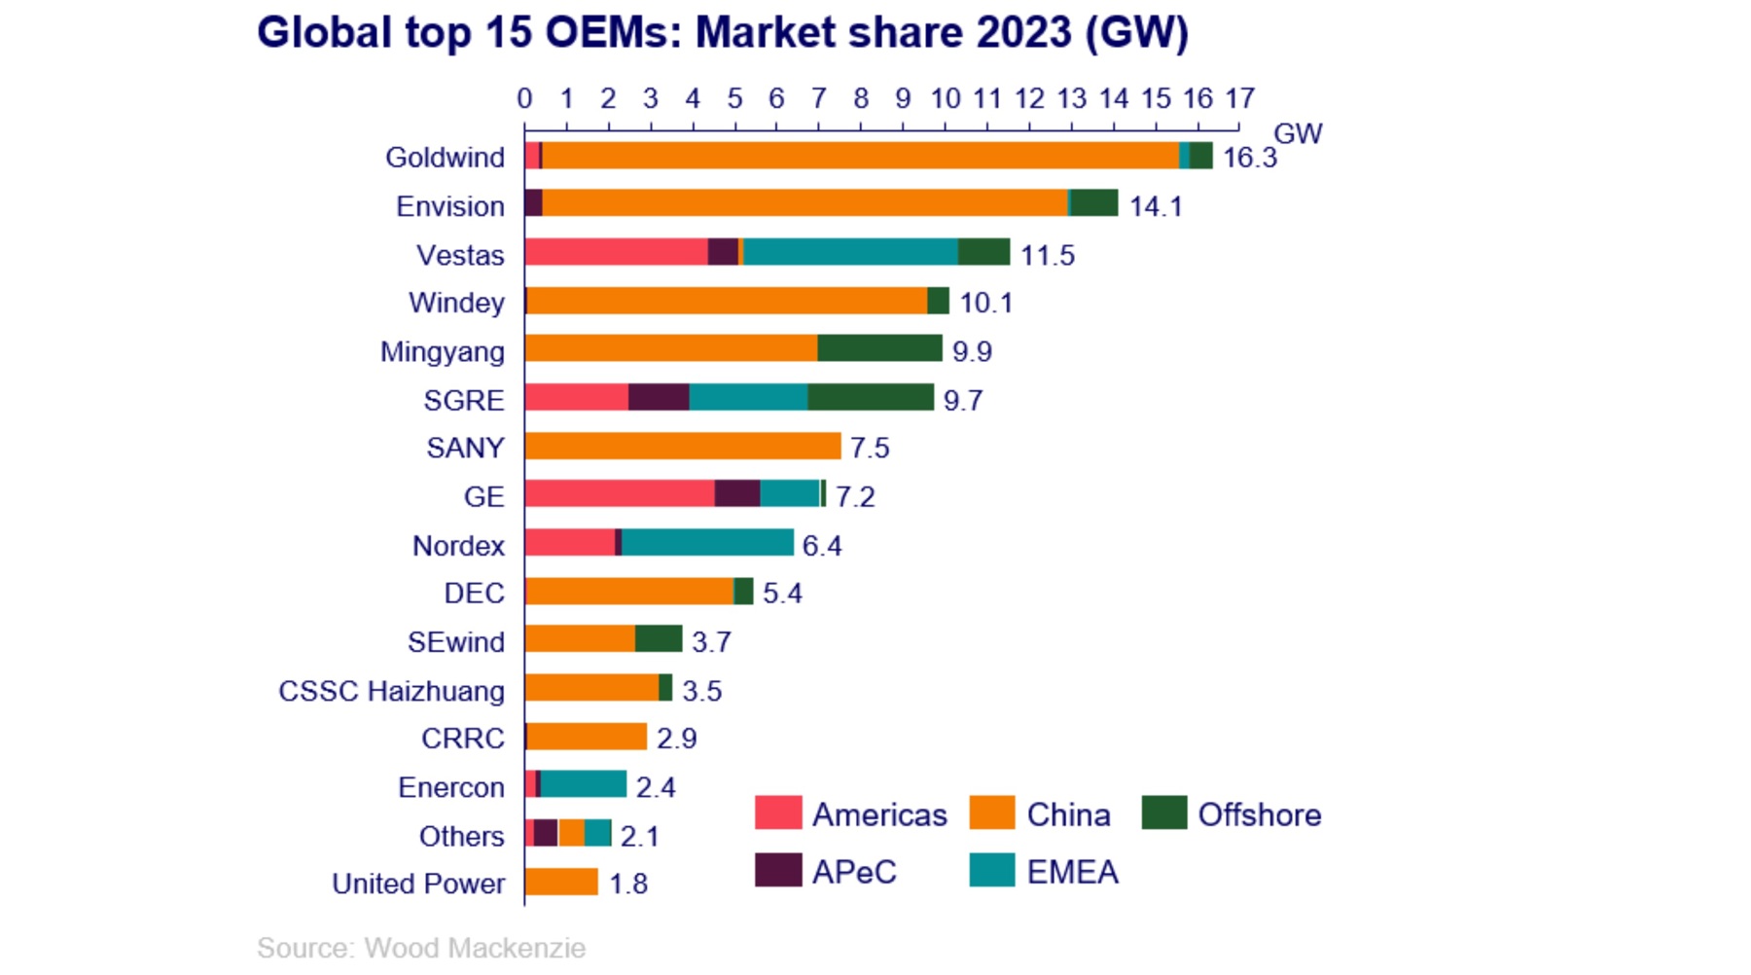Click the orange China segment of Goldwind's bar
pyautogui.click(x=860, y=156)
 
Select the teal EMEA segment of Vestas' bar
pyautogui.click(x=850, y=252)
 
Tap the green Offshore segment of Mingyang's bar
pyautogui.click(x=879, y=348)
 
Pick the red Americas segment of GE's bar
pyautogui.click(x=619, y=494)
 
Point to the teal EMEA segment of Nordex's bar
pyautogui.click(x=707, y=543)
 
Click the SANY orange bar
pyautogui.click(x=682, y=447)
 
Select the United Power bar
pyautogui.click(x=561, y=883)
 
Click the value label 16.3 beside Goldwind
pyautogui.click(x=1249, y=158)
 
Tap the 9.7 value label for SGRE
pyautogui.click(x=962, y=400)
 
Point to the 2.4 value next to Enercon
pyautogui.click(x=655, y=787)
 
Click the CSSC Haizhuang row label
pyautogui.click(x=391, y=691)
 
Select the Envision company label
pyautogui.click(x=449, y=206)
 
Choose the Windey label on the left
pyautogui.click(x=456, y=303)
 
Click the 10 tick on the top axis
pyautogui.click(x=945, y=98)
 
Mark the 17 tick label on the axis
pyautogui.click(x=1239, y=98)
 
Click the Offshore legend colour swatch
pyautogui.click(x=1164, y=813)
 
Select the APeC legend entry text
pyautogui.click(x=854, y=872)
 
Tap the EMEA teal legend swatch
pyautogui.click(x=991, y=871)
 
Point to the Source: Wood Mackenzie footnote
pyautogui.click(x=421, y=948)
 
